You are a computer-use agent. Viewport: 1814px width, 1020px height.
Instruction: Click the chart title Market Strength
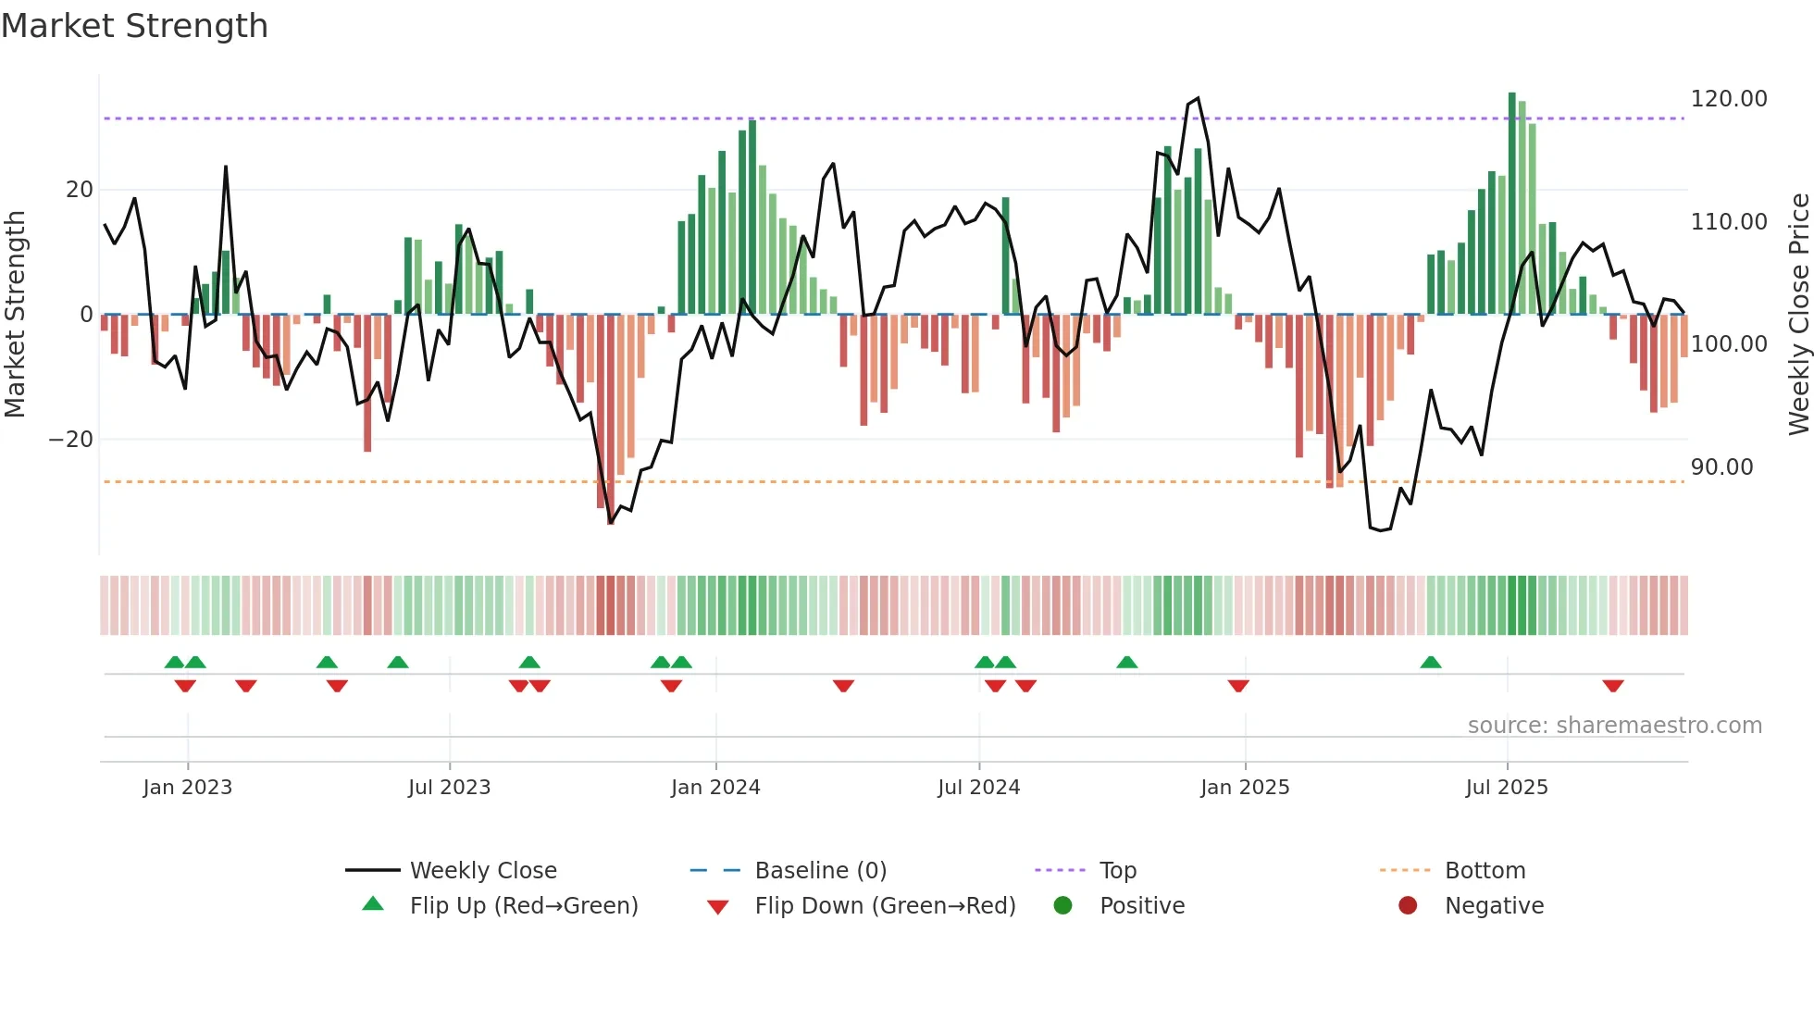point(134,26)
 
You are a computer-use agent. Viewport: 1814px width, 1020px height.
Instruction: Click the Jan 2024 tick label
point(715,788)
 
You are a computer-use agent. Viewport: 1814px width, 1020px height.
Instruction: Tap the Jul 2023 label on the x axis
point(449,788)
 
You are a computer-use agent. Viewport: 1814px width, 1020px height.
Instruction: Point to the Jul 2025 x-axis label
point(1506,788)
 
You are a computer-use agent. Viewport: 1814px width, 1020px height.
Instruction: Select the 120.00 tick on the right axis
point(1728,99)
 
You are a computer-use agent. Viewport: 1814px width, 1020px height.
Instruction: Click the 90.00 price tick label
point(1721,467)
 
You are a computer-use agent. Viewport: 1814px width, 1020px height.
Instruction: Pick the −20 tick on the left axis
point(71,440)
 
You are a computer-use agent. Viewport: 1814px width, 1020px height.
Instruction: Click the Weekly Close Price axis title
point(1798,314)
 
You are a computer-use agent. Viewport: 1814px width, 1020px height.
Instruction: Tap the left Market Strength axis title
point(15,314)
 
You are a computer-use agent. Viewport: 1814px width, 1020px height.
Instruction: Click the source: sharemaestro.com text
point(1614,726)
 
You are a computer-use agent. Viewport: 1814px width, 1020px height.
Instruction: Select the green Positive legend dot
point(1062,906)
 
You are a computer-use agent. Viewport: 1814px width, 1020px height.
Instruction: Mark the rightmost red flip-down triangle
point(1613,686)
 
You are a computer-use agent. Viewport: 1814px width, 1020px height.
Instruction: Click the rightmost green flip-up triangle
point(1430,663)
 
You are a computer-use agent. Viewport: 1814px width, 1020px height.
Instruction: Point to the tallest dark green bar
point(1511,204)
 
